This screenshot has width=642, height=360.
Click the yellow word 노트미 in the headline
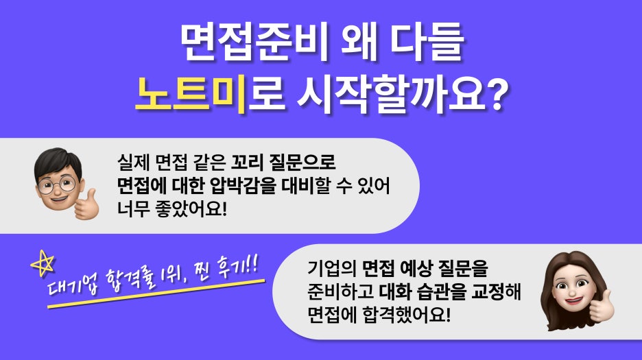(x=191, y=95)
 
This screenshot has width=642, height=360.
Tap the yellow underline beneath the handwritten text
(x=156, y=293)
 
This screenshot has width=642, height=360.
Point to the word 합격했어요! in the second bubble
(x=407, y=315)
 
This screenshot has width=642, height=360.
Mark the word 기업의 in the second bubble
(x=332, y=268)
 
